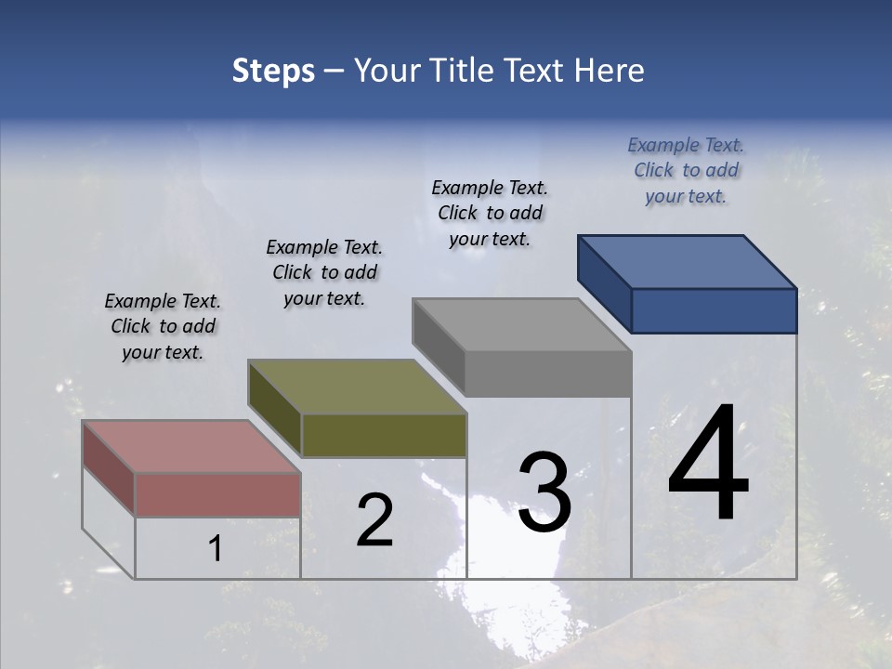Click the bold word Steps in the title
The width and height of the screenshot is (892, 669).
point(273,71)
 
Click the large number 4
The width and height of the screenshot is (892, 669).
point(708,465)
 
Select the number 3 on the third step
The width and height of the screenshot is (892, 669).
point(544,492)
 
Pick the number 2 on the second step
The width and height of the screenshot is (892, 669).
point(375,520)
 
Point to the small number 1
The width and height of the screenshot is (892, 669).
point(215,549)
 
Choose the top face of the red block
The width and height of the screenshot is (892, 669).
point(191,447)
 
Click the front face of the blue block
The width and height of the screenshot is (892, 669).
point(714,310)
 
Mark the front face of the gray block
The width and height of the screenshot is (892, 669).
point(548,374)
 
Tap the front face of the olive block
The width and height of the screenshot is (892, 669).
point(384,435)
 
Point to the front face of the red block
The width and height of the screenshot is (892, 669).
point(217,494)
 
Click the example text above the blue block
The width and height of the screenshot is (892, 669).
point(686,170)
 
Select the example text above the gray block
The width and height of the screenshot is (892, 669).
point(490,213)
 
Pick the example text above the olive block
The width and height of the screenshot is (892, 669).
point(324,272)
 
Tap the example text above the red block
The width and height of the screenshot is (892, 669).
point(163,326)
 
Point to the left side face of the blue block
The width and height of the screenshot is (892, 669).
point(604,282)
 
